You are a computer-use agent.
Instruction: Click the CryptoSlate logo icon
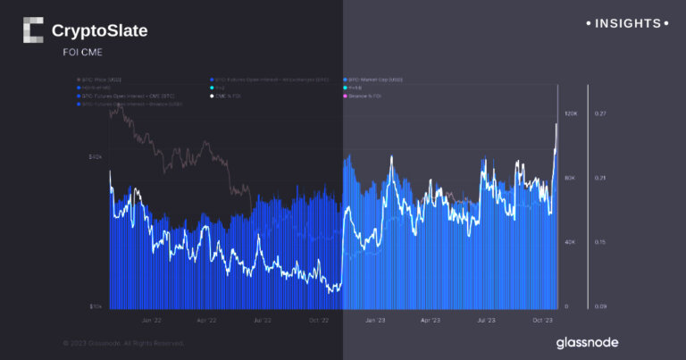(x=32, y=30)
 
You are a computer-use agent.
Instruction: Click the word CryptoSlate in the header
(x=100, y=31)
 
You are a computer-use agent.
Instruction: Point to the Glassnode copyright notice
(x=123, y=343)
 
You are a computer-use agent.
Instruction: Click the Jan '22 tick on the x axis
(x=151, y=319)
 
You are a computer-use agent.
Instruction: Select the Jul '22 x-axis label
(x=262, y=319)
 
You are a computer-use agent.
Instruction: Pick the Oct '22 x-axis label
(x=318, y=319)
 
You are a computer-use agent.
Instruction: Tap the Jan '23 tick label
(x=374, y=319)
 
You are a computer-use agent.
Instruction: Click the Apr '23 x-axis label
(x=431, y=319)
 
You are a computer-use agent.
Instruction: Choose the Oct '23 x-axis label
(x=542, y=319)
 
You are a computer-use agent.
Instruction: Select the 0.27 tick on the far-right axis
(x=600, y=114)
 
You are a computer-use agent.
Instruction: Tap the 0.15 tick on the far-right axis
(x=600, y=242)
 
